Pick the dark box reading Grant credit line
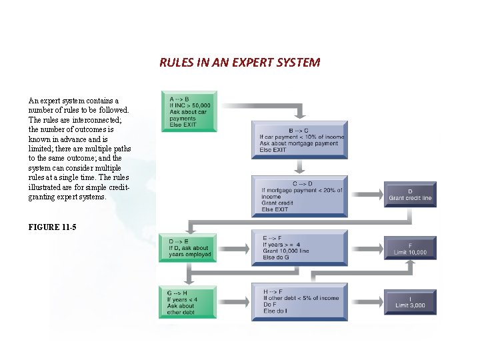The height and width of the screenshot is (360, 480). point(409,194)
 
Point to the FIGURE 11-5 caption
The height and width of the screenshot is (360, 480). point(52,227)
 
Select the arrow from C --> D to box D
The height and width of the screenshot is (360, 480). point(365,195)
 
